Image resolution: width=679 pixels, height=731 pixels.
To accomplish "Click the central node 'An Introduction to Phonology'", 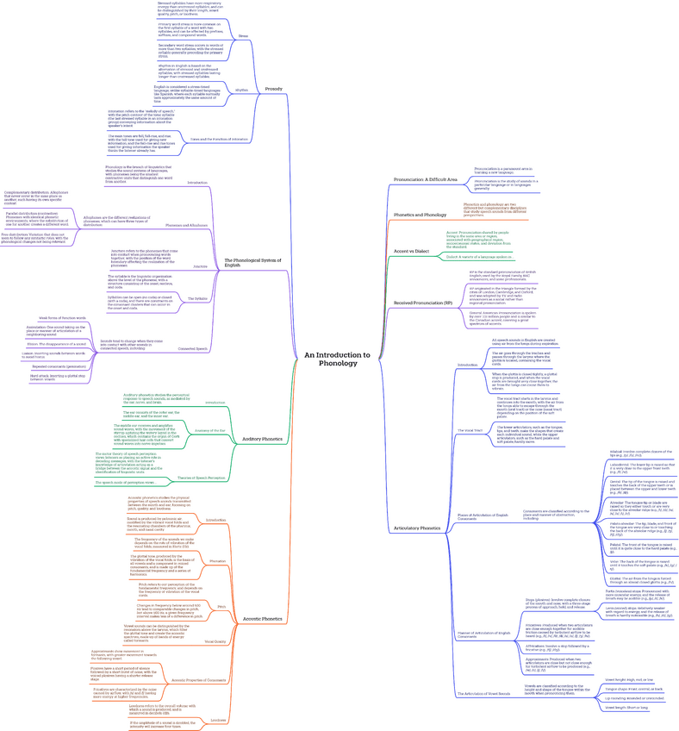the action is tap(337, 359).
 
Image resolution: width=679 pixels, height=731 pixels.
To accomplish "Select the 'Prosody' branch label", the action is tap(273, 89).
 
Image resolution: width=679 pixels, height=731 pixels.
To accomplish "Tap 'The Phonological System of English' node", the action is tap(252, 262).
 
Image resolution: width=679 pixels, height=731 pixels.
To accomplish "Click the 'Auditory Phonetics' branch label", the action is tap(263, 439).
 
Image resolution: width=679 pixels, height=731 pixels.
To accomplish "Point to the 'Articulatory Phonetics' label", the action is tap(417, 527).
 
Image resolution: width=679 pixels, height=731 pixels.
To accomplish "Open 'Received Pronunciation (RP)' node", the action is tap(423, 303).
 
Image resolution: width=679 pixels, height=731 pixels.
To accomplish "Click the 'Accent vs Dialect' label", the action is tap(411, 251).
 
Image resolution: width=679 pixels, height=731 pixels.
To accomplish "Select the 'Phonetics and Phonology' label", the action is tap(420, 215).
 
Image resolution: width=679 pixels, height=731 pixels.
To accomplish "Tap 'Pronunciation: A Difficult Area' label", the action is tap(426, 179).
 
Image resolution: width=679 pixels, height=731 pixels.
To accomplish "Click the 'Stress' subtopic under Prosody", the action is tap(243, 35).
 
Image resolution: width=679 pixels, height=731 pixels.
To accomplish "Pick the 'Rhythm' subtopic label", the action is tap(241, 90).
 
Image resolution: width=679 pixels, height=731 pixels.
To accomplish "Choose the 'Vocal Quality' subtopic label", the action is tap(214, 641).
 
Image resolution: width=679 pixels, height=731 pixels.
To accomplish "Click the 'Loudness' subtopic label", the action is tap(218, 720).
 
